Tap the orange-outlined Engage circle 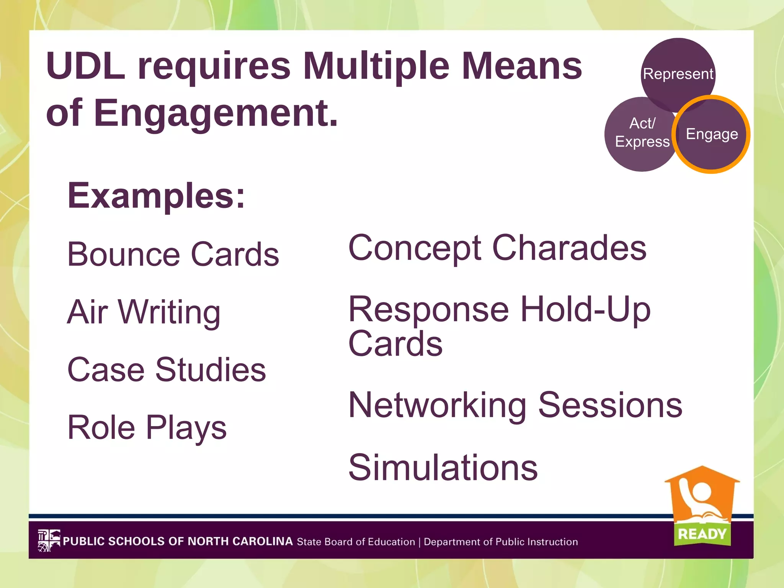[712, 134]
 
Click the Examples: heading [156, 196]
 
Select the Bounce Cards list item [173, 254]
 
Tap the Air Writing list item [144, 312]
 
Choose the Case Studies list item [167, 370]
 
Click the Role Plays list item [147, 428]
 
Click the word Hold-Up [585, 309]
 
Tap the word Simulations [443, 467]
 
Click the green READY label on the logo [702, 534]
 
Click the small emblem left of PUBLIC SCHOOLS [49, 541]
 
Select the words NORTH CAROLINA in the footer [240, 541]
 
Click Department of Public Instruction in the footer [501, 542]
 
